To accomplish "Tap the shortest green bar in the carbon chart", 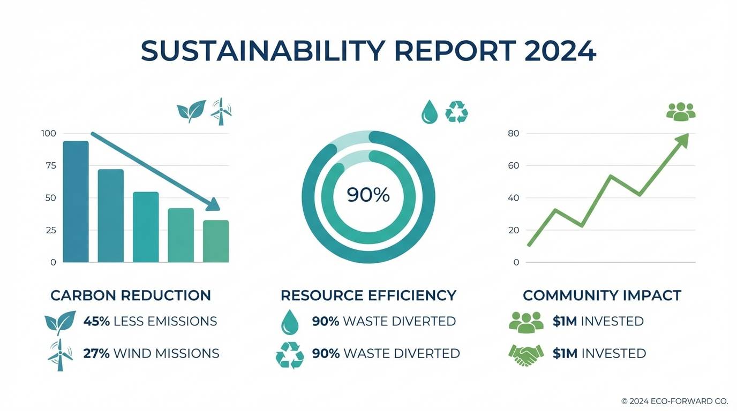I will click(216, 241).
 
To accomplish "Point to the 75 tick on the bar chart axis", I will click(50, 165).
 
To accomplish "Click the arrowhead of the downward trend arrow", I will click(214, 204).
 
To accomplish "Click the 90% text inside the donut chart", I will click(368, 195).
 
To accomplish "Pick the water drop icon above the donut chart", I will click(429, 112).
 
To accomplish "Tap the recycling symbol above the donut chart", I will click(457, 112).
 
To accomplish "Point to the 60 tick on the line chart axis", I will click(513, 165).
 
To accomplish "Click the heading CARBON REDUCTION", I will click(131, 295).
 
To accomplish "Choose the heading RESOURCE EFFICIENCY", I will click(368, 295).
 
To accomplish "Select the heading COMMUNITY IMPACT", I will click(601, 295).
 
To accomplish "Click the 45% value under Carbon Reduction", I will click(96, 321).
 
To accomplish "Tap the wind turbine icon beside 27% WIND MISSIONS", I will click(60, 354).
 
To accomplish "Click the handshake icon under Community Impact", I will click(525, 354).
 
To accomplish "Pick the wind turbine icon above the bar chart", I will click(221, 111).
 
